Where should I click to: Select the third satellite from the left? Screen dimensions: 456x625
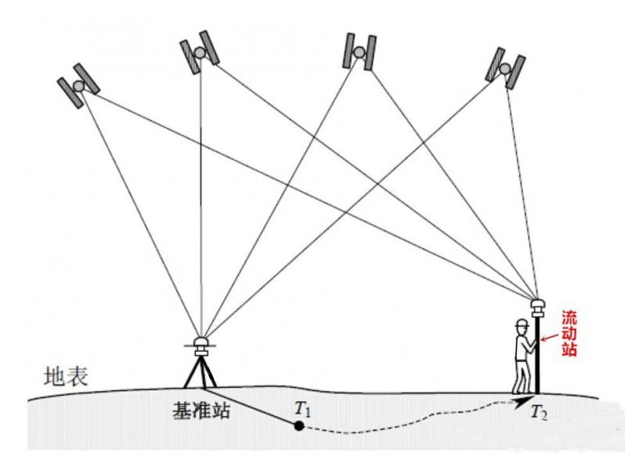click(359, 51)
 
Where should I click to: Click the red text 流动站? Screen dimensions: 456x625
click(569, 333)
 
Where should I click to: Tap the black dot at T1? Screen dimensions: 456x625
click(298, 426)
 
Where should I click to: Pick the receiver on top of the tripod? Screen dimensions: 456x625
click(201, 342)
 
